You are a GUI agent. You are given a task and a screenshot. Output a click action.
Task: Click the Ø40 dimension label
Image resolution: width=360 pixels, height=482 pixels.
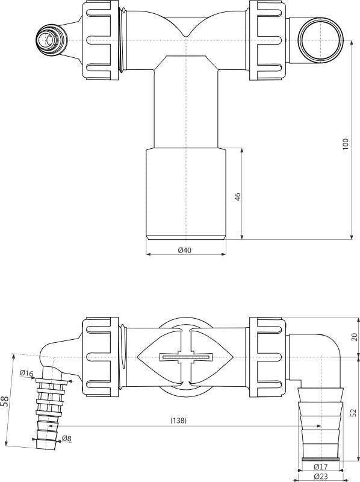pos(185,251)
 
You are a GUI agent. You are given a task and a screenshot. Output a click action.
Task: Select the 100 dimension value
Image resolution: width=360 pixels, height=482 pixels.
pos(346,145)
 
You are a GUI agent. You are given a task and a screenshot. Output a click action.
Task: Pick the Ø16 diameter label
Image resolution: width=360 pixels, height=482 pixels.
pos(26,374)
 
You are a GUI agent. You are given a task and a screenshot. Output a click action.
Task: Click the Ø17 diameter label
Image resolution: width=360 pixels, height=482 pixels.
pos(320,467)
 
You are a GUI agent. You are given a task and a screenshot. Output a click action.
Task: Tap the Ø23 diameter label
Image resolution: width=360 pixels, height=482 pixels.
pos(320,477)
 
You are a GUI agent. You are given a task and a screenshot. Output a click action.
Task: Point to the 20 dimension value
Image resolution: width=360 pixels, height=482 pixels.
pos(354,337)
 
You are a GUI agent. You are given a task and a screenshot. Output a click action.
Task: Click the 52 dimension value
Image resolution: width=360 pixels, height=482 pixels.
pos(354,412)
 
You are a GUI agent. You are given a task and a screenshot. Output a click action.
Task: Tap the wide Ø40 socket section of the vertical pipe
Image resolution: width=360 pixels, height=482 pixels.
pos(187,193)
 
